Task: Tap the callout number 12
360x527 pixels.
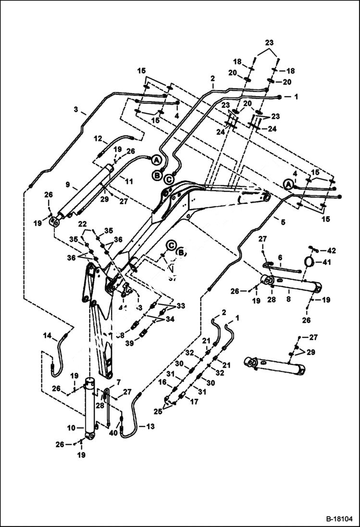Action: coord(98,139)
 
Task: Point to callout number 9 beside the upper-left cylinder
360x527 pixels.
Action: coord(68,184)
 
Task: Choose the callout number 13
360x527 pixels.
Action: coord(150,426)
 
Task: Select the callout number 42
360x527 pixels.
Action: coord(332,250)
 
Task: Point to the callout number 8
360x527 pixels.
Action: coord(288,291)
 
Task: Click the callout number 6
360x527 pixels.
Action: coord(280,257)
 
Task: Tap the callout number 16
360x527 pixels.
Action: coord(162,382)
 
